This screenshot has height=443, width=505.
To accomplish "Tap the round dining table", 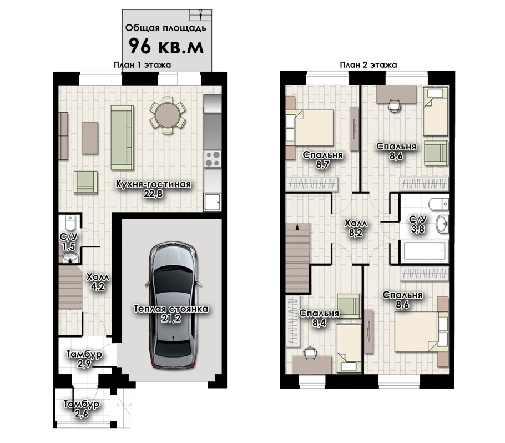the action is click(168, 115).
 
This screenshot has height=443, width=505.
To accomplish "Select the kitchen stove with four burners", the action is click(213, 159).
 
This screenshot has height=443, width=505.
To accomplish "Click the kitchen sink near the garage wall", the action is click(212, 202).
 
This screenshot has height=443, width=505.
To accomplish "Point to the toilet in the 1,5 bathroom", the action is click(70, 221).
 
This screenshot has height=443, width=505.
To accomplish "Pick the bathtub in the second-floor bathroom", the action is click(424, 250).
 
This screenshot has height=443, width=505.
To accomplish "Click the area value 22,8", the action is click(154, 193).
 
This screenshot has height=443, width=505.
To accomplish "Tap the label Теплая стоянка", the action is click(171, 309).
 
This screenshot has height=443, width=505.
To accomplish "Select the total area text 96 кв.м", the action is click(166, 46).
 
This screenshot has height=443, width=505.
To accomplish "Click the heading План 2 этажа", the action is click(368, 65).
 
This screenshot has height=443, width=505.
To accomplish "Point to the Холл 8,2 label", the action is click(356, 228).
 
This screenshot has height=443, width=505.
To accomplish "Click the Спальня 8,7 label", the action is click(323, 160).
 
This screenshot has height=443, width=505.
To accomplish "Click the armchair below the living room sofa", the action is click(85, 182).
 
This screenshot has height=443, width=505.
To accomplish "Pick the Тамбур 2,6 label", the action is click(82, 409).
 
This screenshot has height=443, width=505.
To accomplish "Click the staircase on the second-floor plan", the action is click(298, 258).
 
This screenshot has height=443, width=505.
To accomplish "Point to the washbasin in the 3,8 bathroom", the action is click(442, 224).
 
